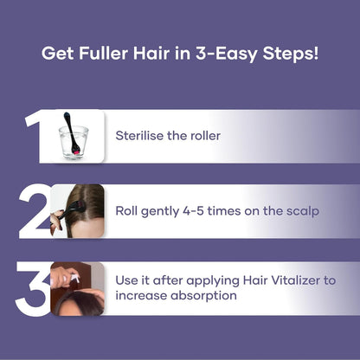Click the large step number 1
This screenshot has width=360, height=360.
(35, 136)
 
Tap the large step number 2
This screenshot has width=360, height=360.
(35, 211)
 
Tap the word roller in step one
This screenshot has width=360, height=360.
(202, 136)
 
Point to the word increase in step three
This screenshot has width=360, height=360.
(140, 296)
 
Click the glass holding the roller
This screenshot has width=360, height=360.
(73, 142)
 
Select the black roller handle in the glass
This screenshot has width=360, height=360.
(67, 123)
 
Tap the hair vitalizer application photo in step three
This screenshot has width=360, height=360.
(78, 288)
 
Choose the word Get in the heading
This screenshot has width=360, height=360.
(56, 53)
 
